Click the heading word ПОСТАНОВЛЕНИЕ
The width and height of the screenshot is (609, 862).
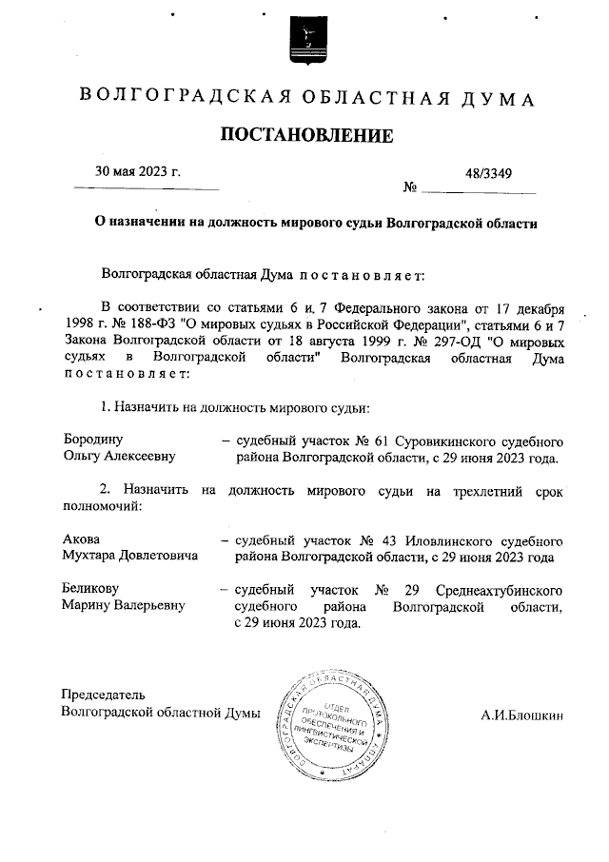(306, 136)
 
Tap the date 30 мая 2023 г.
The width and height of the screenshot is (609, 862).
(138, 172)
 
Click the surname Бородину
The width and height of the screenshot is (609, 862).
(92, 441)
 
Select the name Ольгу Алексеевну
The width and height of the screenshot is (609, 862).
(119, 458)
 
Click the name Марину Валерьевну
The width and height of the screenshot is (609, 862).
(123, 606)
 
